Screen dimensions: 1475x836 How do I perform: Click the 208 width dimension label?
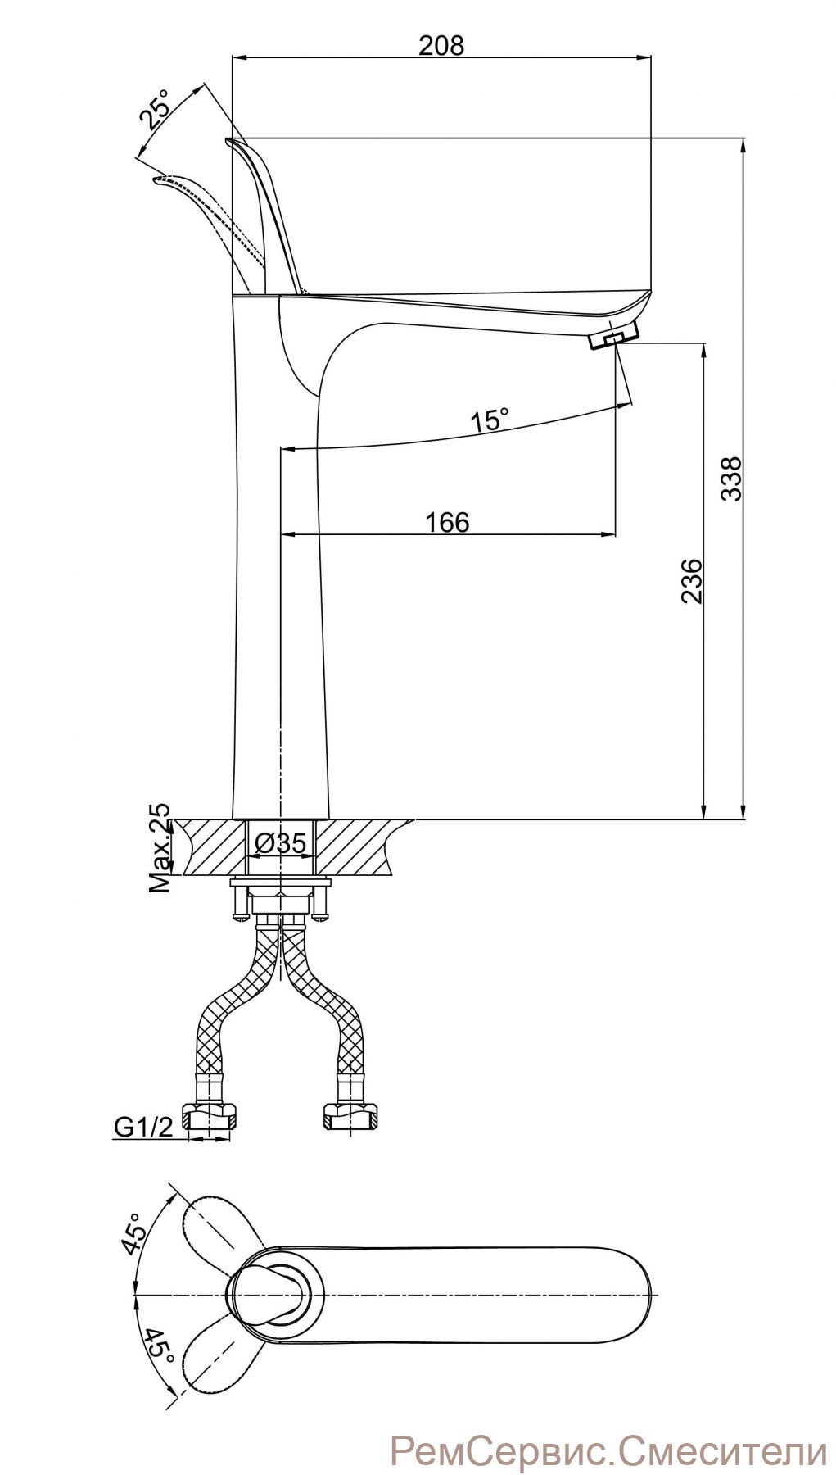pos(441,45)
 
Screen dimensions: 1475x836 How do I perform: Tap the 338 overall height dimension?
pos(731,479)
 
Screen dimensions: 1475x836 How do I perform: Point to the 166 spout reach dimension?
pos(447,522)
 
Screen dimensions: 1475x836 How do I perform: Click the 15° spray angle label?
pos(489,420)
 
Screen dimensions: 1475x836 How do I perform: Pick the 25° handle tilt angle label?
pos(155,110)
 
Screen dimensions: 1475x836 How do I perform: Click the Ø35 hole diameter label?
pos(280,843)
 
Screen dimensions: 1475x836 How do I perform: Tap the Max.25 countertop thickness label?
pos(160,847)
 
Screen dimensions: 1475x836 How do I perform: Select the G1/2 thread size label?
pos(143,1128)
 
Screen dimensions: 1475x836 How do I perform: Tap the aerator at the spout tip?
pos(613,335)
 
